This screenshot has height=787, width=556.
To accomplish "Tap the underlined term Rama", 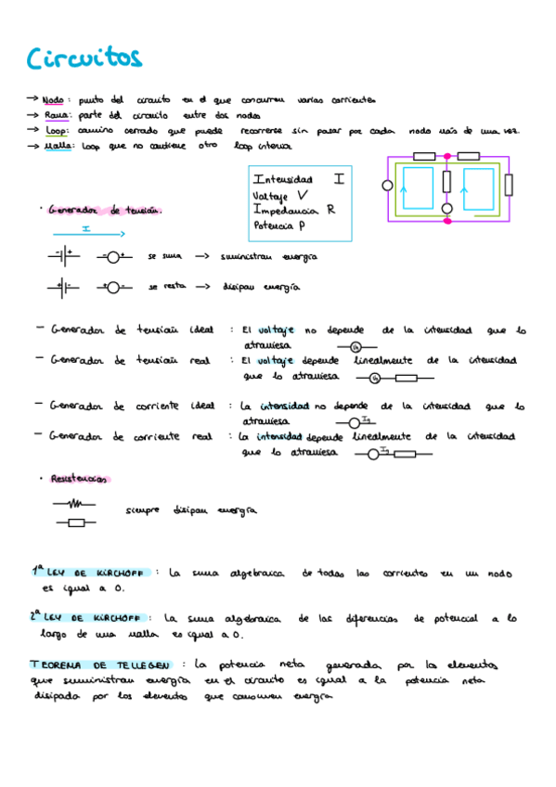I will [55, 114].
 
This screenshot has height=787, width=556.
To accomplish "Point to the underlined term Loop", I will [55, 131].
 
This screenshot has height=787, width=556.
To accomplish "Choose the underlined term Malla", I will [57, 146].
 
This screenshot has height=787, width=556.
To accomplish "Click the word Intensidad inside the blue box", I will [283, 179].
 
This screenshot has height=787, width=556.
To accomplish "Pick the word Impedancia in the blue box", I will [288, 210].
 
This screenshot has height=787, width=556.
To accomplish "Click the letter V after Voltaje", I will [303, 195].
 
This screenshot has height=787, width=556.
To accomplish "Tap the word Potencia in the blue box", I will [276, 226].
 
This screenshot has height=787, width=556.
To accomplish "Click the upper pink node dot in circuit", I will [446, 157].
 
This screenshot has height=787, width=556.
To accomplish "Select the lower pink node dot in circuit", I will [446, 220].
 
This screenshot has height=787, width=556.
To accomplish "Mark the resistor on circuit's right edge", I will [507, 185].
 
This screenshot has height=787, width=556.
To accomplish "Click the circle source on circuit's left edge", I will [387, 186].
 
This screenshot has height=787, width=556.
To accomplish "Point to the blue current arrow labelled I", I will [85, 230].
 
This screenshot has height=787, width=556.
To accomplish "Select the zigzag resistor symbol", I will [75, 504].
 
